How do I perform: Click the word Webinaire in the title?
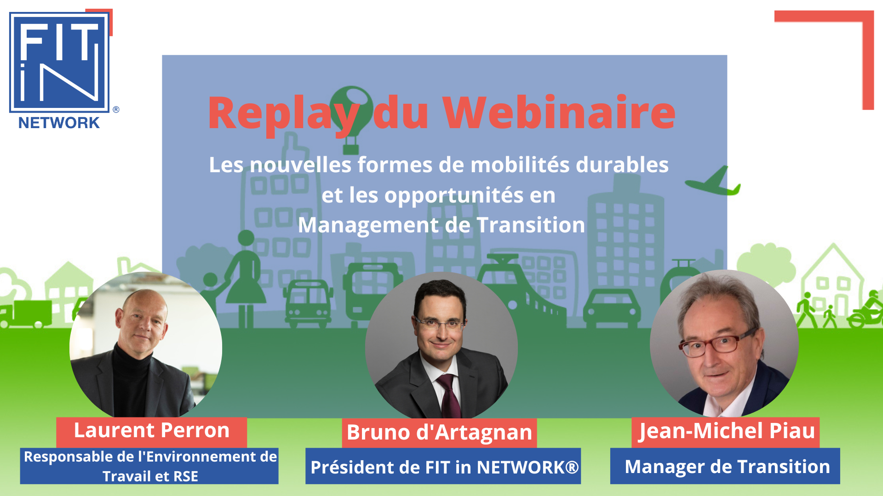pos(559,113)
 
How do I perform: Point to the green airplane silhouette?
pos(713,182)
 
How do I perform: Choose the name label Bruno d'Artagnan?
pos(439,433)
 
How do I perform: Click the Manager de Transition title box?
pos(725,466)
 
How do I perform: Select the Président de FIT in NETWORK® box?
pos(443,466)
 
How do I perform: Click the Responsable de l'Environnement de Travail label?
pos(149,466)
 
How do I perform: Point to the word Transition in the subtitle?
pos(531,225)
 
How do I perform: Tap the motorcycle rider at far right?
pos(867,310)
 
